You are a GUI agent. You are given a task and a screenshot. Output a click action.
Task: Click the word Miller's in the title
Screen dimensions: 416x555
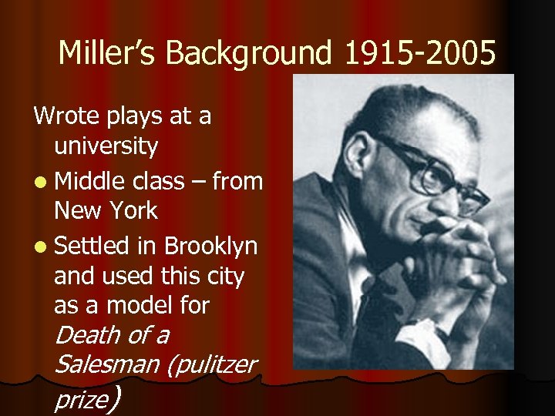tap(107, 53)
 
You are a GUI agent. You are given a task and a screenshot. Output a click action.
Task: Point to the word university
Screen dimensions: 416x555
tap(106, 146)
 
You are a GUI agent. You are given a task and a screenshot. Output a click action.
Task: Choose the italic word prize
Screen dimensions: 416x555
tap(79, 400)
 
